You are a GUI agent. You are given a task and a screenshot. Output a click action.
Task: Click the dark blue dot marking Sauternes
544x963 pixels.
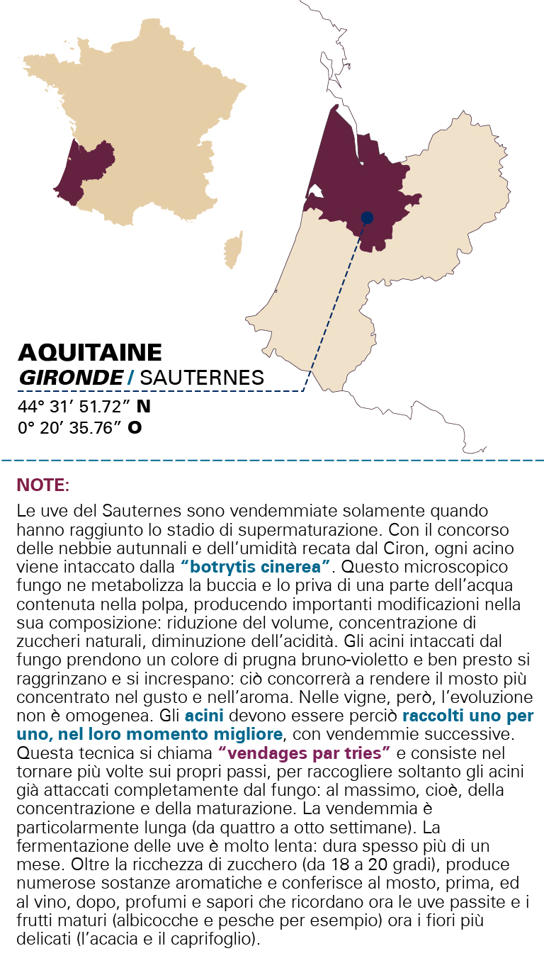pyautogui.click(x=367, y=218)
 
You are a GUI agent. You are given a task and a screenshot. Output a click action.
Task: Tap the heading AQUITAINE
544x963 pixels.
pyautogui.click(x=90, y=352)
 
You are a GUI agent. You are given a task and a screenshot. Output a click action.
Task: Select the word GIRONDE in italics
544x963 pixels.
pyautogui.click(x=71, y=378)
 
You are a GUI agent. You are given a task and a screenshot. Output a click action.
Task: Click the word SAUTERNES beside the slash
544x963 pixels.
pyautogui.click(x=202, y=378)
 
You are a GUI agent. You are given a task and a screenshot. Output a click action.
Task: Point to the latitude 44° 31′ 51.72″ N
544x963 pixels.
pyautogui.click(x=84, y=407)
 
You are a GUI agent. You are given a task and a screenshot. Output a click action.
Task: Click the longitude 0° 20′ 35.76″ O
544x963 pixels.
pyautogui.click(x=79, y=428)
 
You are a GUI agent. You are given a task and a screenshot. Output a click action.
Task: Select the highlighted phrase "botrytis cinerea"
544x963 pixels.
pyautogui.click(x=256, y=566)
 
